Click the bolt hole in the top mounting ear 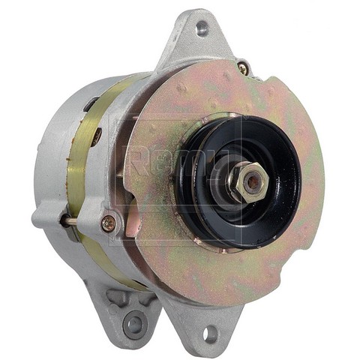[x=201, y=29]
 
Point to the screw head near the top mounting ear [x=242, y=67]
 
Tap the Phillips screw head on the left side [x=109, y=222]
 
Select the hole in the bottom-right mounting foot [x=210, y=332]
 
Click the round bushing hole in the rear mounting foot [x=134, y=324]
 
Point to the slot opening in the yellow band [x=97, y=136]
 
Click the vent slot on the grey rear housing [x=89, y=105]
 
